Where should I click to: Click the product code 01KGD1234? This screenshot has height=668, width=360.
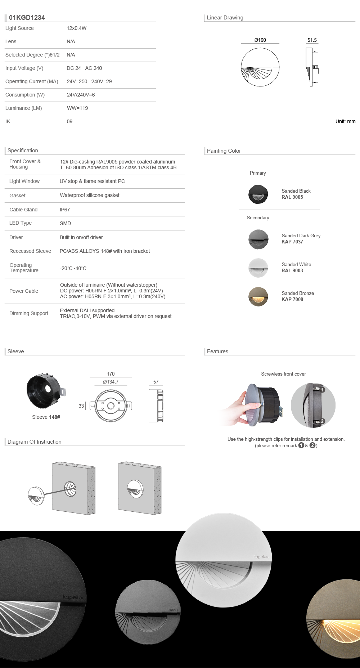[x=27, y=18]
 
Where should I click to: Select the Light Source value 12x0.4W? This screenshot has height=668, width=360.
[x=76, y=28]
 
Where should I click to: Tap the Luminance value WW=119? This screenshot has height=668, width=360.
[x=77, y=108]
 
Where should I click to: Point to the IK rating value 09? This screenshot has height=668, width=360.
[x=69, y=121]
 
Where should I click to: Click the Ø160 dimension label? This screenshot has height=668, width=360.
[x=260, y=40]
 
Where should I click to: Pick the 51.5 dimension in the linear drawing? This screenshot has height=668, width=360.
[x=312, y=40]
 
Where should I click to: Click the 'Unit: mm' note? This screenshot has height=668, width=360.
[x=345, y=121]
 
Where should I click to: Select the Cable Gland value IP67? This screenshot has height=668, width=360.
[x=65, y=210]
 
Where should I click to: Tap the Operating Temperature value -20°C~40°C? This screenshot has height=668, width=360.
[x=73, y=268]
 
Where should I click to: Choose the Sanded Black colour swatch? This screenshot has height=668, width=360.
[x=258, y=194]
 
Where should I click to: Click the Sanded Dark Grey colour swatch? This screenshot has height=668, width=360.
[x=258, y=239]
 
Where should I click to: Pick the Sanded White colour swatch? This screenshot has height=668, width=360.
[x=258, y=268]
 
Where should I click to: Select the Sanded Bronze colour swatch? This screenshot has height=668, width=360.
[x=258, y=296]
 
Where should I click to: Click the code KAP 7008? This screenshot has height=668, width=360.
[x=292, y=299]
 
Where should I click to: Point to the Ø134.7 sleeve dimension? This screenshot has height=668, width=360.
[x=111, y=382]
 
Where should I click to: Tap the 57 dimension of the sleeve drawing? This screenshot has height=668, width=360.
[x=156, y=382]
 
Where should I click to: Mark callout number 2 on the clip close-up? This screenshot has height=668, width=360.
[x=323, y=421]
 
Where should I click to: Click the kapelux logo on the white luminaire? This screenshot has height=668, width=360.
[x=261, y=557]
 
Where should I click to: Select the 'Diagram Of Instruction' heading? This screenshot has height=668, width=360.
[x=35, y=442]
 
